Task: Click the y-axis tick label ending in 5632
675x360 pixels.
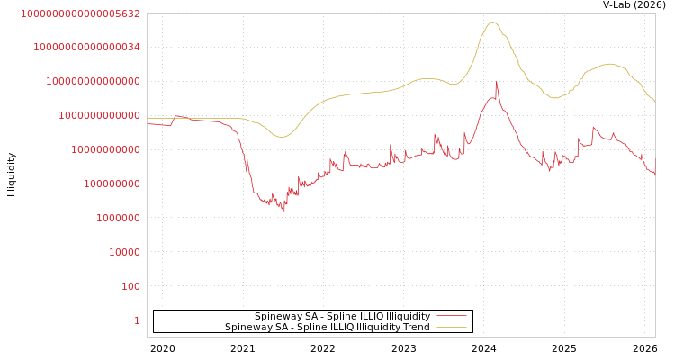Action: pyautogui.click(x=81, y=13)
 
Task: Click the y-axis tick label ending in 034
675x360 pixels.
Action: pyautogui.click(x=87, y=47)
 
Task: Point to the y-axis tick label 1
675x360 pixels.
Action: pyautogui.click(x=137, y=320)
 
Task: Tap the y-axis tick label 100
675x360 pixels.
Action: pyautogui.click(x=130, y=286)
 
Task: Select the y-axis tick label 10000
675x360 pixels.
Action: pyautogui.click(x=124, y=252)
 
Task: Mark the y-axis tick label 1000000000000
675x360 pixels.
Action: pyautogui.click(x=100, y=115)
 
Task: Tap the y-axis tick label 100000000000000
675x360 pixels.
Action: pyautogui.click(x=94, y=81)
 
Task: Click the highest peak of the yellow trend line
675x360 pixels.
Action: pyautogui.click(x=492, y=22)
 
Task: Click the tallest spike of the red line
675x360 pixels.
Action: pyautogui.click(x=497, y=82)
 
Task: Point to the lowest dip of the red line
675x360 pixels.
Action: pyautogui.click(x=284, y=212)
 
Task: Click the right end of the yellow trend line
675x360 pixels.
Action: pyautogui.click(x=654, y=102)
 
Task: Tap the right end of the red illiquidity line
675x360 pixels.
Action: pyautogui.click(x=654, y=174)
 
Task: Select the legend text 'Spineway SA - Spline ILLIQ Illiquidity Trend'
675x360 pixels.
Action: pyautogui.click(x=328, y=327)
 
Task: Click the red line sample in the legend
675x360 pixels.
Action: pyautogui.click(x=451, y=317)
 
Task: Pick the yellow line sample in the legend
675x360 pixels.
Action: pyautogui.click(x=451, y=328)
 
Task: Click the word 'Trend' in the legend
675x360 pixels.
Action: pyautogui.click(x=416, y=327)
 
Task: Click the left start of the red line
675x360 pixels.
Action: pyautogui.click(x=148, y=123)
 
